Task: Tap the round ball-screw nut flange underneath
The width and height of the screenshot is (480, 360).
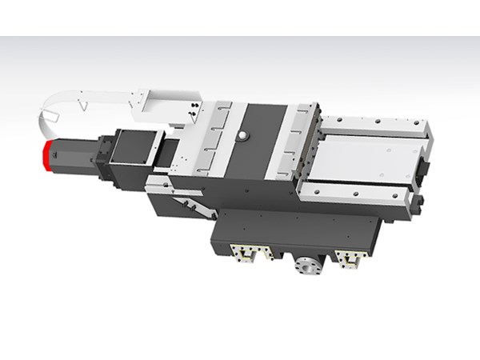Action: [x=306, y=266]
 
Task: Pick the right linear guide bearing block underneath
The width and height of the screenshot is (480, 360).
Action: [x=350, y=258]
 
